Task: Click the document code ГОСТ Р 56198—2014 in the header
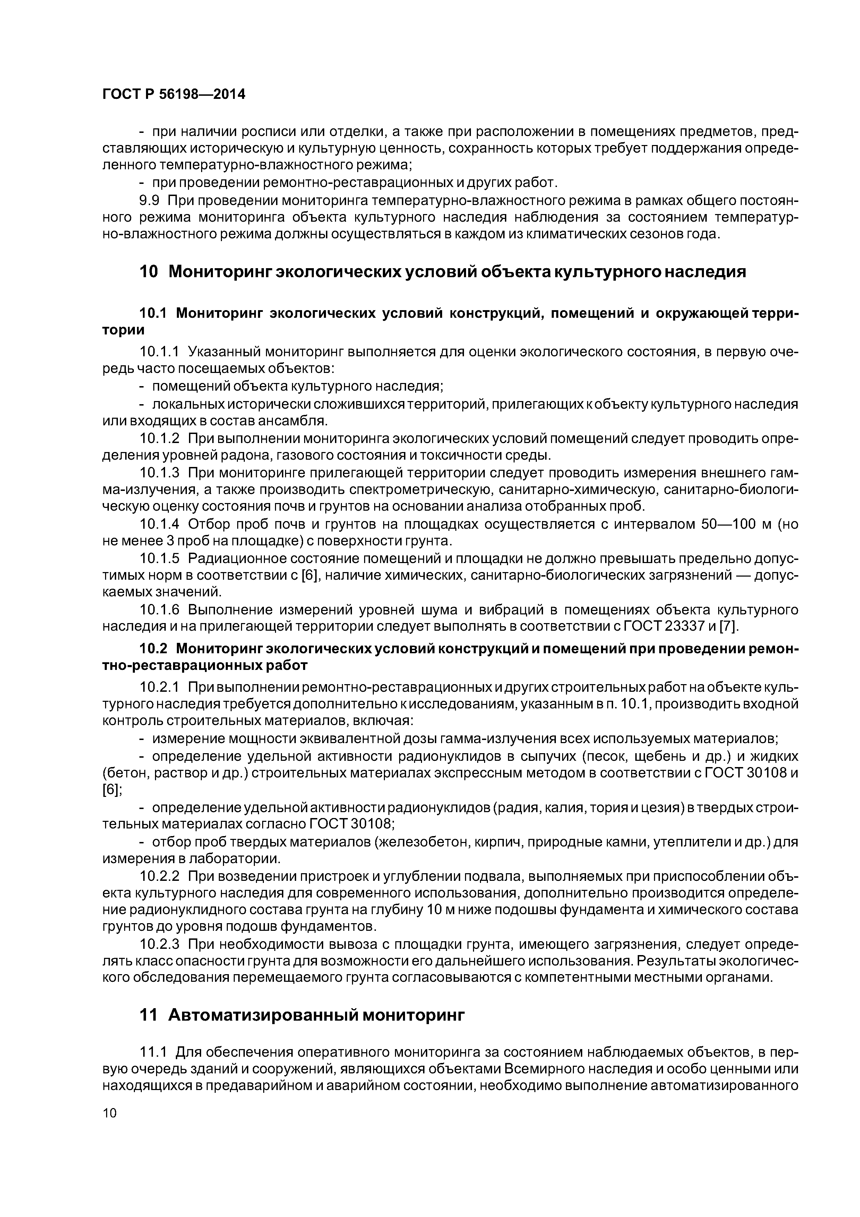click(173, 95)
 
